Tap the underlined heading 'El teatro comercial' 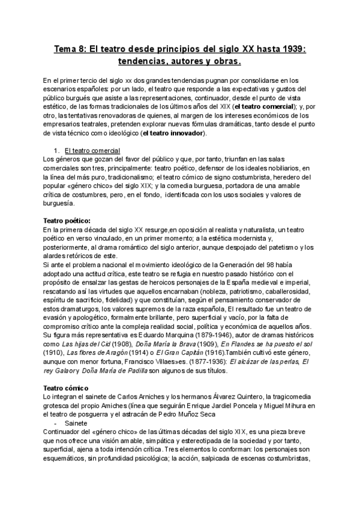92,149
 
